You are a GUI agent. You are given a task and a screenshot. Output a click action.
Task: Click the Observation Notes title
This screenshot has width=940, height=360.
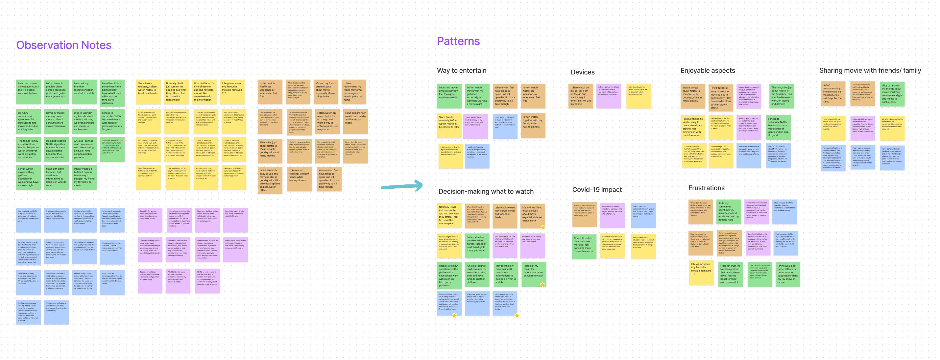[x=63, y=45]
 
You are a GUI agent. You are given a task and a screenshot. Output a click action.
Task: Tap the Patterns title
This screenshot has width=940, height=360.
[x=458, y=41]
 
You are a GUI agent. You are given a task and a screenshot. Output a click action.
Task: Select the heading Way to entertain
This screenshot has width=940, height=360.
[x=461, y=70]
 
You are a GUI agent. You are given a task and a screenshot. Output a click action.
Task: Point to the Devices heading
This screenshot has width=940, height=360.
[x=582, y=72]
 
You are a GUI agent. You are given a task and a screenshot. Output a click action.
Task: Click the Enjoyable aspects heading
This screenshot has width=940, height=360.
[x=708, y=70]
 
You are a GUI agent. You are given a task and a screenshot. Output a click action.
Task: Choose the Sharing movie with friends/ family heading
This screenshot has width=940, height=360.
[x=870, y=70]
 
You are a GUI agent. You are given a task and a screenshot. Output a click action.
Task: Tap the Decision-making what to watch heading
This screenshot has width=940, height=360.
[x=486, y=191]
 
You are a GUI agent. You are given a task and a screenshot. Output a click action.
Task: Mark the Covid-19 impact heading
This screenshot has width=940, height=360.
[x=597, y=190]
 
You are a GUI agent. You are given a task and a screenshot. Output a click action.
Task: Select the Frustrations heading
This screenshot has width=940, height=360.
[x=706, y=188]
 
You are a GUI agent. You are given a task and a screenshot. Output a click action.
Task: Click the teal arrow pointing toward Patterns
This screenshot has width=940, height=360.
[x=401, y=186]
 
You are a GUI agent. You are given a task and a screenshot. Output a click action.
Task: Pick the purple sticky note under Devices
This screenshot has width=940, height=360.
[x=608, y=96]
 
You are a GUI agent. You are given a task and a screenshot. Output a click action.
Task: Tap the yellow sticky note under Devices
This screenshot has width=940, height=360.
[x=638, y=96]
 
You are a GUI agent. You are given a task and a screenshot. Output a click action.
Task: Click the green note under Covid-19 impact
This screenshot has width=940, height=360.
[x=584, y=246]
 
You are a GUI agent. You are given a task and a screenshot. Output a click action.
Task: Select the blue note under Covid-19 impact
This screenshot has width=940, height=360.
[x=643, y=215]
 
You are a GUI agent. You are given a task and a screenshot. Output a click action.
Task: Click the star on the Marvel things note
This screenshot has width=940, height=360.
[x=542, y=228]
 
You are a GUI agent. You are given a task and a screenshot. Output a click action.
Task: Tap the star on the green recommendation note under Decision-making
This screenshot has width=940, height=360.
[x=542, y=284]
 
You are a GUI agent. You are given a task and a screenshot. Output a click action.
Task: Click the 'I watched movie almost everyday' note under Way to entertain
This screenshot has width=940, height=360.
[x=449, y=96]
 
